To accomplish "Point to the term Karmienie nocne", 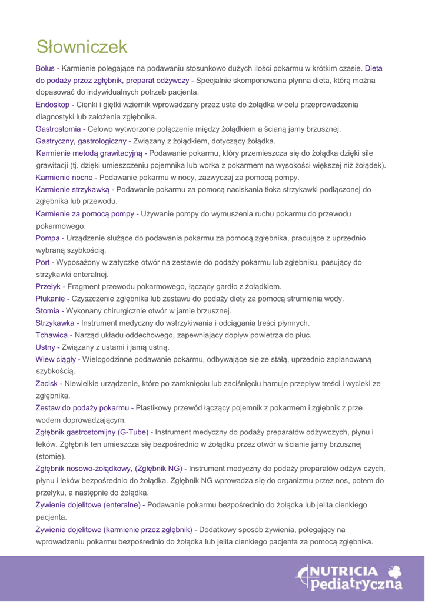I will [64, 177].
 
